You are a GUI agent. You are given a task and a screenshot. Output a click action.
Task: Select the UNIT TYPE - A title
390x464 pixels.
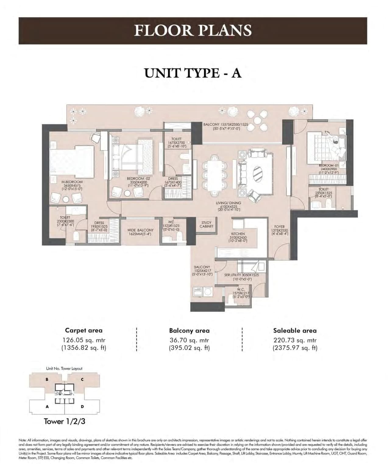[193, 73]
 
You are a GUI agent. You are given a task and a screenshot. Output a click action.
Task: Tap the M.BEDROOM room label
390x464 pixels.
[72, 182]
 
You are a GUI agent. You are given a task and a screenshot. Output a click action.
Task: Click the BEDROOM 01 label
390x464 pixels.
[328, 165]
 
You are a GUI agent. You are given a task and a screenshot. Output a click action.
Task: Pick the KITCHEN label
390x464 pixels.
[238, 234]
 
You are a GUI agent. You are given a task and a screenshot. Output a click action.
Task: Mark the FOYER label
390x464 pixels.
[279, 227]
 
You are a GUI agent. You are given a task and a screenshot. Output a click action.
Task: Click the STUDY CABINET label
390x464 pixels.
[206, 225]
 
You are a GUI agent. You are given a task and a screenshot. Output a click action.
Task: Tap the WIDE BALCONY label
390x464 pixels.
[140, 230]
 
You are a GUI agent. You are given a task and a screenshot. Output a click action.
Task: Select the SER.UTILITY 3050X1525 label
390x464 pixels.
[241, 275]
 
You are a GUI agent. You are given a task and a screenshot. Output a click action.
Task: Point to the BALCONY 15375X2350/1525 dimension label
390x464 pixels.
[226, 125]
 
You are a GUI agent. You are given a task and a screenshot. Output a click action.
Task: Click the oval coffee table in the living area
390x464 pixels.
[257, 173]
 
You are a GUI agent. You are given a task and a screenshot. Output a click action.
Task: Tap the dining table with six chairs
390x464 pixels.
[214, 172]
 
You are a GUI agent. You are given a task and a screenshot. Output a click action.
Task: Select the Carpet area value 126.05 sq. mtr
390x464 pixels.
[84, 340]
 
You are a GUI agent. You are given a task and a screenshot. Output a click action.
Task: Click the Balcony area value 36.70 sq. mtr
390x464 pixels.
[189, 340]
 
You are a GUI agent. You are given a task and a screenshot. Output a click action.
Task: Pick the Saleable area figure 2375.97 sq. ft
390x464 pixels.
[295, 348]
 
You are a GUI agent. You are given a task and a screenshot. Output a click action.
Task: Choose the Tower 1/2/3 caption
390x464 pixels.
[62, 421]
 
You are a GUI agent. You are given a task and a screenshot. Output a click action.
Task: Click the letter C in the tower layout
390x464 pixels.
[82, 379]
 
